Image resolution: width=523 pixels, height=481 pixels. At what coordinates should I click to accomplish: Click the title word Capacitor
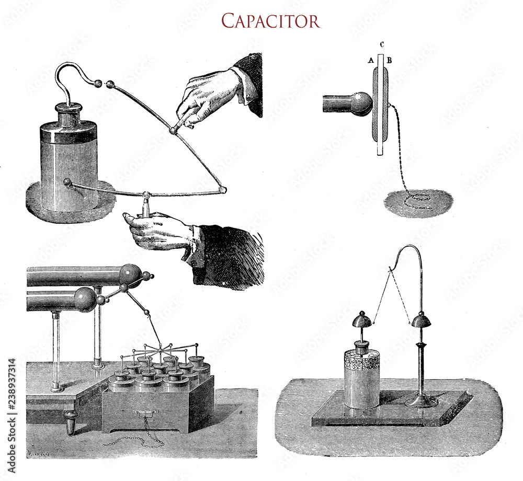270,20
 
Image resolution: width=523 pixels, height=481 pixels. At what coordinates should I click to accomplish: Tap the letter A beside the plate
370,61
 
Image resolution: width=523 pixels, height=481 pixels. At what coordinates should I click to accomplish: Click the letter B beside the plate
390,61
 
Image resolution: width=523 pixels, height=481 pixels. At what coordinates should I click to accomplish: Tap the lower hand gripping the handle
157,230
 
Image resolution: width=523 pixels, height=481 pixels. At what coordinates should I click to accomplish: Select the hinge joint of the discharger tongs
173,130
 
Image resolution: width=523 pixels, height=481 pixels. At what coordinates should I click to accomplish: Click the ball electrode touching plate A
361,104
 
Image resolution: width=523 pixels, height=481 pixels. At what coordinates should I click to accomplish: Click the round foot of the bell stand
422,402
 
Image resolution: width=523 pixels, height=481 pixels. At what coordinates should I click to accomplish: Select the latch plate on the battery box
142,414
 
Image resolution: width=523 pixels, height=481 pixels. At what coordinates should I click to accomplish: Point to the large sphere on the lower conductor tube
84,299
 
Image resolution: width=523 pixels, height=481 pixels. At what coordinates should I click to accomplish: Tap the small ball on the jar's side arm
67,182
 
